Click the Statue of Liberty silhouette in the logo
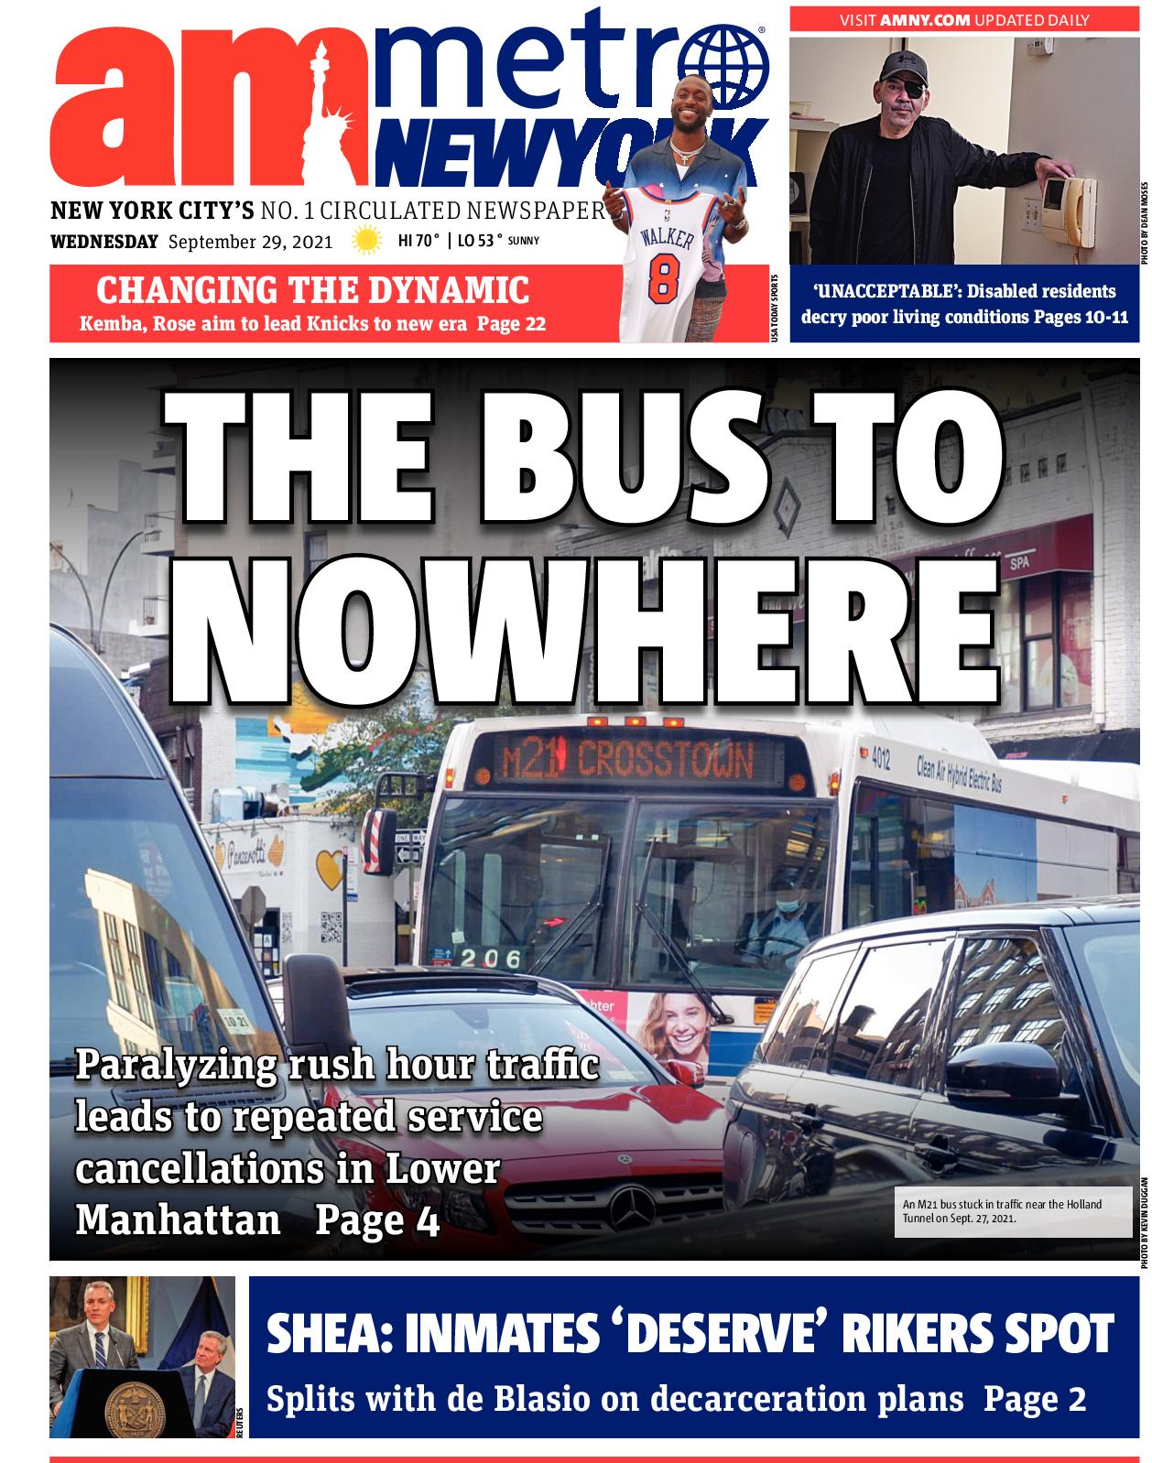pyautogui.click(x=331, y=110)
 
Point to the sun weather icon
pyautogui.click(x=367, y=242)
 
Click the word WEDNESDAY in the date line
pyautogui.click(x=104, y=243)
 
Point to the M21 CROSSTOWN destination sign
pyautogui.click(x=627, y=759)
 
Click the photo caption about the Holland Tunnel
pyautogui.click(x=1002, y=1211)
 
